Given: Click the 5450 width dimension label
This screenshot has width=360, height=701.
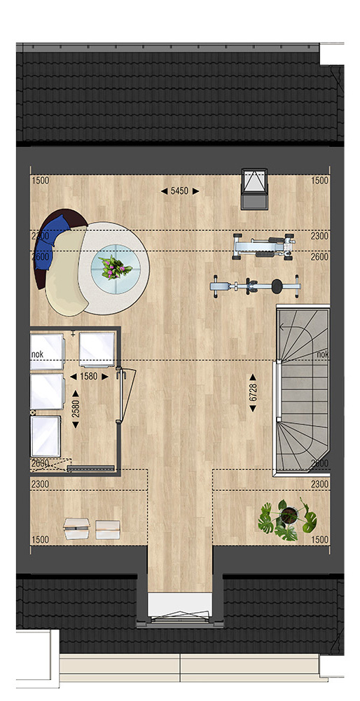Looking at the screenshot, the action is tap(180, 191).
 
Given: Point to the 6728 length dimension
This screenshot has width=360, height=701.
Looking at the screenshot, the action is tap(253, 393).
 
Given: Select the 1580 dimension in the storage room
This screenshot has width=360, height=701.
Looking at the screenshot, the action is tap(88, 377).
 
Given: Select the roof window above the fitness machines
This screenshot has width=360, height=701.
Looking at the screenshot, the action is tap(254, 188).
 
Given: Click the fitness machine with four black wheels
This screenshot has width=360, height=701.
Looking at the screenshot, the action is tap(264, 247).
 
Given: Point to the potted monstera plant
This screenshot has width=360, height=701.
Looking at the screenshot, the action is tap(288, 519).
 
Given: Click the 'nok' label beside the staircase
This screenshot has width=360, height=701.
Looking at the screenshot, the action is tap(322, 354).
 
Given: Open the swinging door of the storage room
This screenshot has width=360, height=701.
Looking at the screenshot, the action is tap(125, 395).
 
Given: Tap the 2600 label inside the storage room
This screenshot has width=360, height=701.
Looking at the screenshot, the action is tap(39, 464).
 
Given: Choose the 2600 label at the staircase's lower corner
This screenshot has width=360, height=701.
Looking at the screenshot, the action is tap(320, 464).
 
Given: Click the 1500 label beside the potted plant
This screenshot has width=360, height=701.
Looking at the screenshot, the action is tap(320, 540).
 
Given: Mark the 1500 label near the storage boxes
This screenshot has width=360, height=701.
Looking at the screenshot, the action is tap(40, 540).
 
